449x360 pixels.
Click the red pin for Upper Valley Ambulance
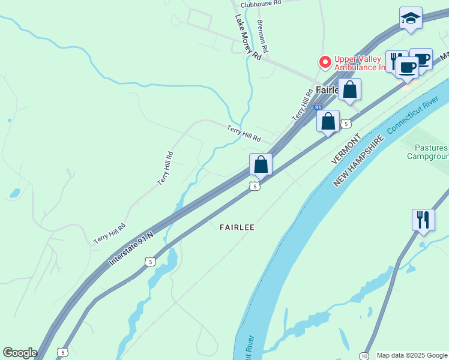click(325, 62)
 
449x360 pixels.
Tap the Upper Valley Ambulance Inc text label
click(360, 62)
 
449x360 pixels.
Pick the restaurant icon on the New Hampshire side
click(423, 220)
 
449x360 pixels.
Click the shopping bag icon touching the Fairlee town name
click(349, 90)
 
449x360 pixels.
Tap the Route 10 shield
click(364, 355)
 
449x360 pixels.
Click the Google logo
click(20, 353)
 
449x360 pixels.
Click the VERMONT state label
click(345, 149)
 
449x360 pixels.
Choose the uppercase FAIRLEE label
click(237, 227)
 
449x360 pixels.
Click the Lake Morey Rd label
click(249, 37)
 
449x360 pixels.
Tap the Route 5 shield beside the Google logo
click(62, 352)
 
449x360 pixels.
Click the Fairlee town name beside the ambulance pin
click(328, 90)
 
